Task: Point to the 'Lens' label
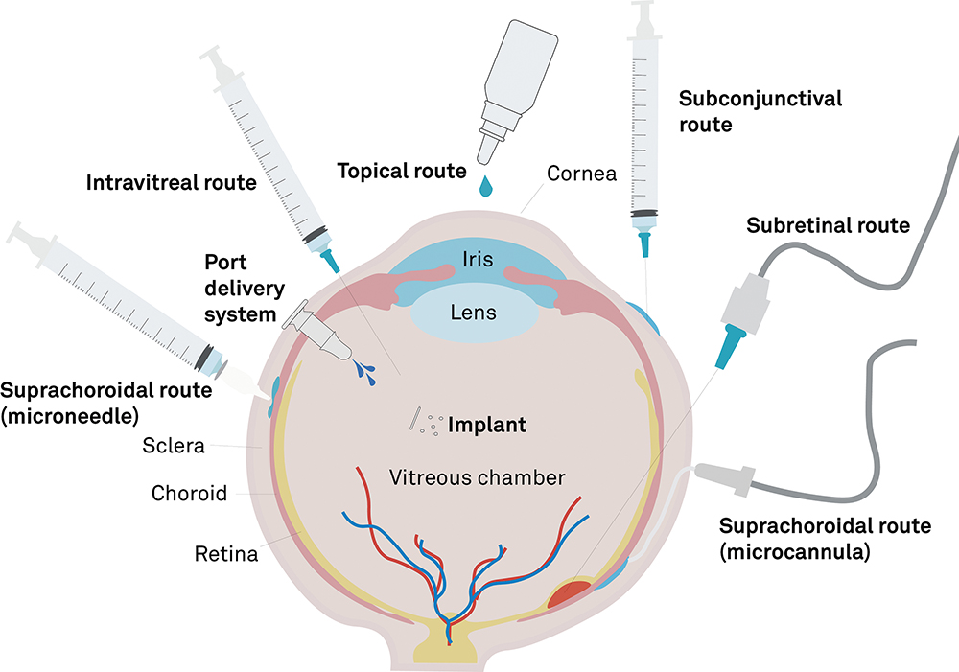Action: (x=474, y=312)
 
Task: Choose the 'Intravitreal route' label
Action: (x=172, y=182)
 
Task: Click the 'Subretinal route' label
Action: (x=828, y=226)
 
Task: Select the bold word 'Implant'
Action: (x=487, y=425)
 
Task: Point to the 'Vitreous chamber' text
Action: (x=477, y=476)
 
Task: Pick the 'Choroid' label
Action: (x=189, y=494)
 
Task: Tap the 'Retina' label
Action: (x=226, y=553)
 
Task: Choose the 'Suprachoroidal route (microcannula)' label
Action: (x=825, y=539)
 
